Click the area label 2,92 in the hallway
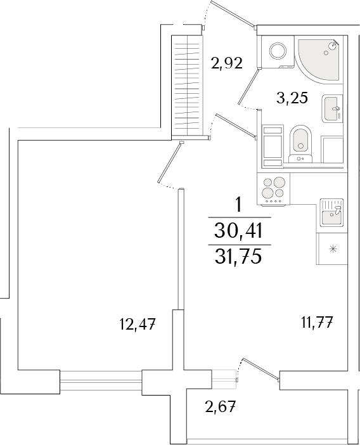[x=226, y=63]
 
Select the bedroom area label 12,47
[x=137, y=325]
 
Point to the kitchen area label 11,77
[x=316, y=323]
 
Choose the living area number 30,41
[x=239, y=230]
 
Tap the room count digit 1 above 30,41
[x=239, y=205]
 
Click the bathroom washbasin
[x=332, y=108]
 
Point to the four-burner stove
[x=274, y=189]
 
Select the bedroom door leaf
[x=169, y=162]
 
